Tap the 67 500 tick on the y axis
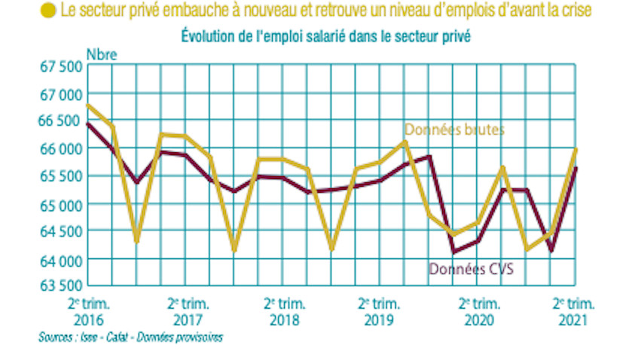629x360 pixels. pos(60,67)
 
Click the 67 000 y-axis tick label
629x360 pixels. pos(60,95)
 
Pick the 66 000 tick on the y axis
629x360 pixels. pos(60,149)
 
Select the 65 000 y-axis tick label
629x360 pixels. pos(60,204)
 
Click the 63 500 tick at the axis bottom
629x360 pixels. pos(60,286)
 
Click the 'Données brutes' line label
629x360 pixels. pos(453,130)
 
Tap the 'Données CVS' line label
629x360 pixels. pos(471,269)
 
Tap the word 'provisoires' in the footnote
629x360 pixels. pos(197,337)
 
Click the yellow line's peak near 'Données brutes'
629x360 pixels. pos(405,142)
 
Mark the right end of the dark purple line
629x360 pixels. pos(576,167)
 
